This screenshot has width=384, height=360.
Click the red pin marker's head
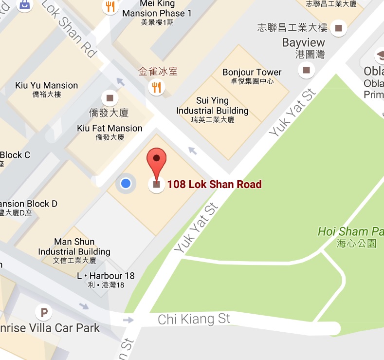(x=156, y=158)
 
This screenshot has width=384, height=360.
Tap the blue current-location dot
(x=126, y=183)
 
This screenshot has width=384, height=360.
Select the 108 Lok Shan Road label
(x=215, y=184)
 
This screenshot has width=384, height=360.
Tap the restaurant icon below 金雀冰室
(x=157, y=88)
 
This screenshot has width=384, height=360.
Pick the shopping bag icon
(x=23, y=5)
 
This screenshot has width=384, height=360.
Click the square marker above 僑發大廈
(x=110, y=97)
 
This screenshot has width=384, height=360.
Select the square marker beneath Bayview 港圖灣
(x=306, y=70)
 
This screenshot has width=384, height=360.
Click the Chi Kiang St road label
(x=194, y=320)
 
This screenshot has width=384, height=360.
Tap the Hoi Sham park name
(x=350, y=231)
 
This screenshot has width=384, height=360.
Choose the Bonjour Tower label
(x=252, y=72)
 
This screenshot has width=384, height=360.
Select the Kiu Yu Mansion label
(x=47, y=85)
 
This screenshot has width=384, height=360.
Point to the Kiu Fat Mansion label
(x=110, y=128)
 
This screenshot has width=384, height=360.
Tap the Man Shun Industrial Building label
(x=74, y=247)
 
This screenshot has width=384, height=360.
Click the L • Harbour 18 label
(x=106, y=276)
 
